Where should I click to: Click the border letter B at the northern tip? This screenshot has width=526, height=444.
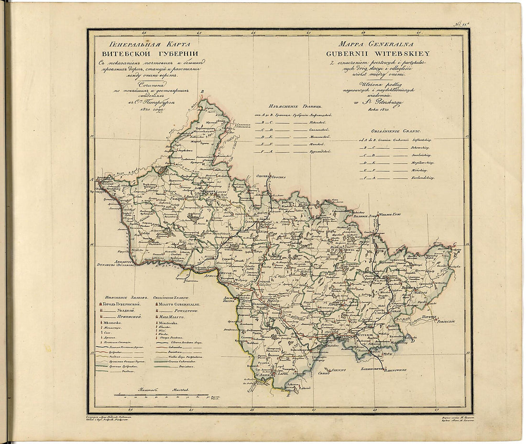click(x=202, y=92)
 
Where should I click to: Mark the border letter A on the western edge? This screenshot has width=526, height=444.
click(x=91, y=179)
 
